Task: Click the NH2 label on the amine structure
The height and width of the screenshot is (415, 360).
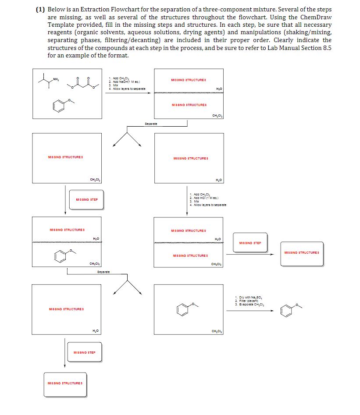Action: [56, 79]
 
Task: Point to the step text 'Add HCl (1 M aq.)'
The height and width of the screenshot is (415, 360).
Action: [205, 198]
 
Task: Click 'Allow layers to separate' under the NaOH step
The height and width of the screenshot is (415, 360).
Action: [127, 88]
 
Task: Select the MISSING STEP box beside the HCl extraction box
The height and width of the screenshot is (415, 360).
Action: [250, 243]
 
